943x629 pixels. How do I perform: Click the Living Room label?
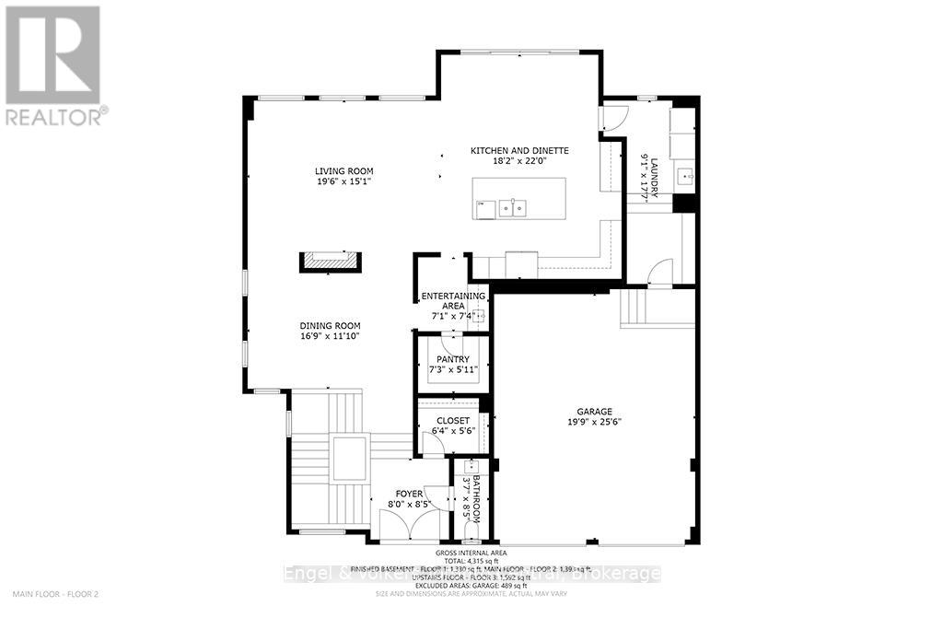pyautogui.click(x=343, y=171)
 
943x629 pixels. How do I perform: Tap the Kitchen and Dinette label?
pyautogui.click(x=519, y=151)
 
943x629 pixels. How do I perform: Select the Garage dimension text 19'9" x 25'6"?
pyautogui.click(x=595, y=424)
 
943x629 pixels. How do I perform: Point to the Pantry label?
pyautogui.click(x=452, y=359)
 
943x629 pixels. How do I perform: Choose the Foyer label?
pyautogui.click(x=409, y=494)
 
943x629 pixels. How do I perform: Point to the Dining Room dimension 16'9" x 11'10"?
pyautogui.click(x=329, y=337)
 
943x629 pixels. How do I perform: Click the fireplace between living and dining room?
pyautogui.click(x=329, y=262)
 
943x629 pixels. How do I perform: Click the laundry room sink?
pyautogui.click(x=683, y=175)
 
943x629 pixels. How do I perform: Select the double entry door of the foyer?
pyautogui.click(x=410, y=527)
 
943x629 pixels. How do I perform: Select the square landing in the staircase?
pyautogui.click(x=350, y=458)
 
